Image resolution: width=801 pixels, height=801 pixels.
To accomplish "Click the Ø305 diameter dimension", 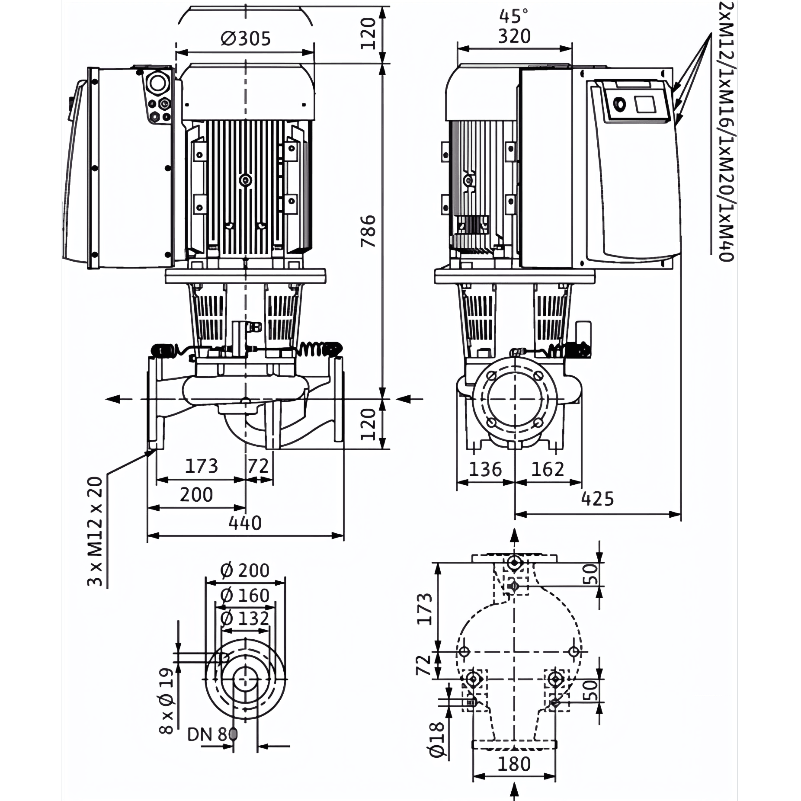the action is point(245,38).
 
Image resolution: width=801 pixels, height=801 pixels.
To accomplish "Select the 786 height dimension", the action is point(368,231).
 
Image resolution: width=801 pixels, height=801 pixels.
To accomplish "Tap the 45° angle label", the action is point(514,16).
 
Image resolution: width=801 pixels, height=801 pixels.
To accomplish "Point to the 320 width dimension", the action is point(514,36).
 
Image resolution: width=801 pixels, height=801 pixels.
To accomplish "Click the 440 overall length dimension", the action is point(245,523).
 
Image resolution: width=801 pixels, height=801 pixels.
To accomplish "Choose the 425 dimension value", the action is point(597,499).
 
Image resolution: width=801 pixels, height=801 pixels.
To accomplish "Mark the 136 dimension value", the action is point(486,469).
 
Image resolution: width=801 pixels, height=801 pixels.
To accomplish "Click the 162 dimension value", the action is point(548,469).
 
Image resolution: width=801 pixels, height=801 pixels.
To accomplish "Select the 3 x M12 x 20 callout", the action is point(96,531).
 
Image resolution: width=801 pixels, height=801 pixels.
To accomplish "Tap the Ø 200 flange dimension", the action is point(245,570).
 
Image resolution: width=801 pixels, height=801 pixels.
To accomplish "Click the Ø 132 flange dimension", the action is point(245,618).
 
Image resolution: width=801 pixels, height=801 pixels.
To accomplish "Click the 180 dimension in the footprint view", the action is point(514,764).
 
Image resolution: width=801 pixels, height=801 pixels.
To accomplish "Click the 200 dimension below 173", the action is point(196,494).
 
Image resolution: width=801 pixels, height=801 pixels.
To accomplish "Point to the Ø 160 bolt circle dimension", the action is point(245,596).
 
